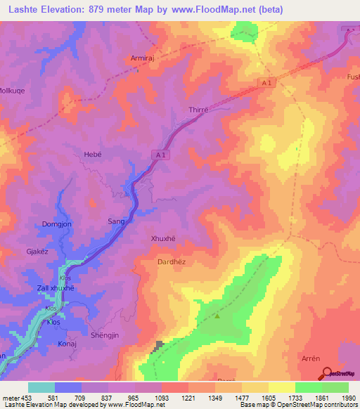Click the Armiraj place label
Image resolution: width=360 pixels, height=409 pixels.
144,59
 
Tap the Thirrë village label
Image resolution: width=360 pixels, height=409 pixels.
200,110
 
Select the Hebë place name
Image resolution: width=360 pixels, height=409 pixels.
94,154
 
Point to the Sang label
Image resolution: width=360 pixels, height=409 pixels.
116,221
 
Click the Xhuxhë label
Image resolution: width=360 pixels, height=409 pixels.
163,238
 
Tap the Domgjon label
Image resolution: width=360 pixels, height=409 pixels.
51,225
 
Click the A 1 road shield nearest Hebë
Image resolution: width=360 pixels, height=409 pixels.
161,155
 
